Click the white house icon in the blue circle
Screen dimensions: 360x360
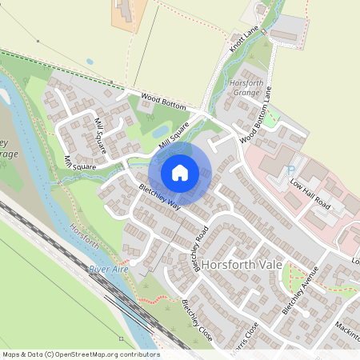pyautogui.click(x=180, y=172)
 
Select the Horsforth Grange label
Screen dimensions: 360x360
pyautogui.click(x=246, y=88)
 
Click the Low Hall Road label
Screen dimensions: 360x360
pyautogui.click(x=310, y=195)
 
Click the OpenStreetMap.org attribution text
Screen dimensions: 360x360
pyautogui.click(x=80, y=354)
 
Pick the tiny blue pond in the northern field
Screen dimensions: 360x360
pyautogui.click(x=90, y=62)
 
